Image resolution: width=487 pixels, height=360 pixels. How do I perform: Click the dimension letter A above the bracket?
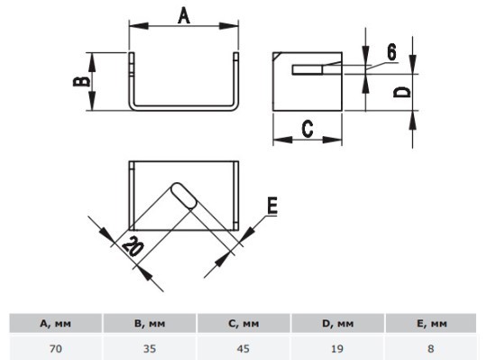(184, 16)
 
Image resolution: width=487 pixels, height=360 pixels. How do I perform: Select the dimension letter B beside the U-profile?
(81, 81)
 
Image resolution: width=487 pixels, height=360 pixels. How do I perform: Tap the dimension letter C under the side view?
(308, 129)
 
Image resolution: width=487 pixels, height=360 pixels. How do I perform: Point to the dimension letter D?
(401, 92)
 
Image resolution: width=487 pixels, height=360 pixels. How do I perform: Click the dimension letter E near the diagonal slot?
(272, 206)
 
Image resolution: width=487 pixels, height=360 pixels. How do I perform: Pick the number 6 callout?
(391, 51)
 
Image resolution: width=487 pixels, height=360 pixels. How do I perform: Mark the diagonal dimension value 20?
(133, 246)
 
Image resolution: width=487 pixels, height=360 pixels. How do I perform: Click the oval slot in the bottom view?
(185, 196)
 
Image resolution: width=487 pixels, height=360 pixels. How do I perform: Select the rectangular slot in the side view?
(308, 69)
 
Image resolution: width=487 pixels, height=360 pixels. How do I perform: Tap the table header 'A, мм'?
(56, 324)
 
